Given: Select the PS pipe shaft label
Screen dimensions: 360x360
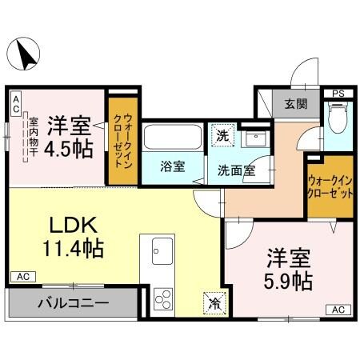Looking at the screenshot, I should tap(338, 94).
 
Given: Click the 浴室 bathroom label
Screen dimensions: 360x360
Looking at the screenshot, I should tap(172, 167).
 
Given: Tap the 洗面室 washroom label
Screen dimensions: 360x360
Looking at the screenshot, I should tap(238, 169).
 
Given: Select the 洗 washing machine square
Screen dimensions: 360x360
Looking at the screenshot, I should tap(223, 134).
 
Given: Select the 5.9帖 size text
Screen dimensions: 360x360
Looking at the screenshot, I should tap(289, 281).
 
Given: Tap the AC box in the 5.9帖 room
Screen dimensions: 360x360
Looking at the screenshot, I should tap(338, 310).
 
